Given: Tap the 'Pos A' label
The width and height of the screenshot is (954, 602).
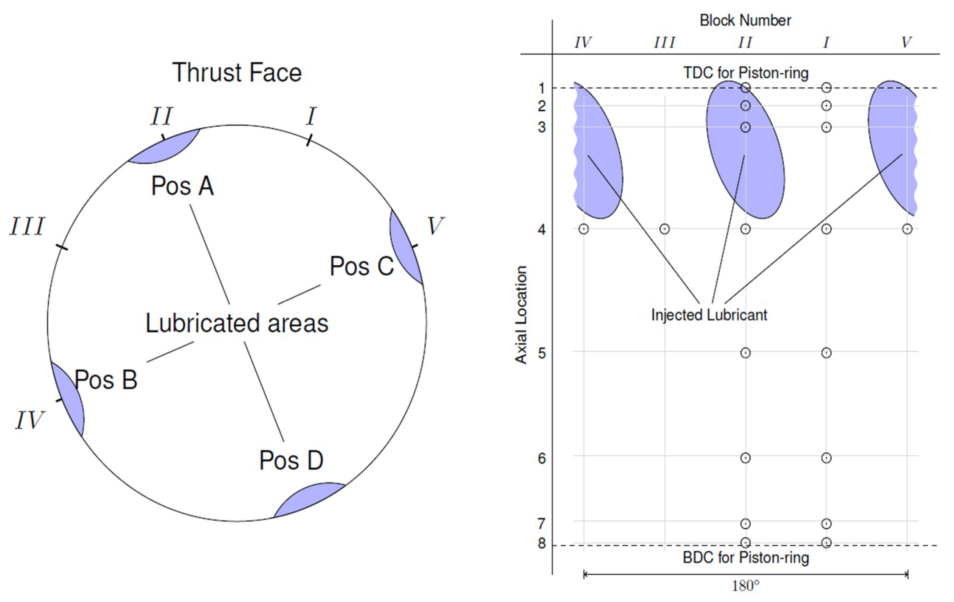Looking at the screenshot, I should point(183,186).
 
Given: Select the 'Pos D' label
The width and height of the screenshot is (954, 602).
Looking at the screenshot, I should point(291,460).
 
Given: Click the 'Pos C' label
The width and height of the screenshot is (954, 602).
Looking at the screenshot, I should point(362,266).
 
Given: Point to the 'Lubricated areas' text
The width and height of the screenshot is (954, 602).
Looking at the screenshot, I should point(237,323).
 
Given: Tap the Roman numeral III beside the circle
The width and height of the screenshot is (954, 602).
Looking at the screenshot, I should point(27,226).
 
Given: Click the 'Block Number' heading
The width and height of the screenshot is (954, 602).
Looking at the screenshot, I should point(745,21).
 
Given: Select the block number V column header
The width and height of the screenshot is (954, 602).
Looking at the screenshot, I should point(906,42).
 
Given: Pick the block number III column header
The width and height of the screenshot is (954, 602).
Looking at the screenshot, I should point(664,42).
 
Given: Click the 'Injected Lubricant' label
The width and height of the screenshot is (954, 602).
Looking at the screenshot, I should point(709,315).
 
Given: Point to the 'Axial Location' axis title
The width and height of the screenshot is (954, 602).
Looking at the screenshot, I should point(521,315).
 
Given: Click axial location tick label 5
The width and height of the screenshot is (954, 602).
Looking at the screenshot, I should point(542,353).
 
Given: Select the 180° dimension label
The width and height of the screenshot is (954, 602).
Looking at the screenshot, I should point(745,586).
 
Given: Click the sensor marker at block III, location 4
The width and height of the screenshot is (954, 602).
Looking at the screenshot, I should point(664,229).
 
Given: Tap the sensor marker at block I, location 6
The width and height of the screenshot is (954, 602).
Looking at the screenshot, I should point(826,458).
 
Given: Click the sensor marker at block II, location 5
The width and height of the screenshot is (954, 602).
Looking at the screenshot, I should point(745,353).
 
